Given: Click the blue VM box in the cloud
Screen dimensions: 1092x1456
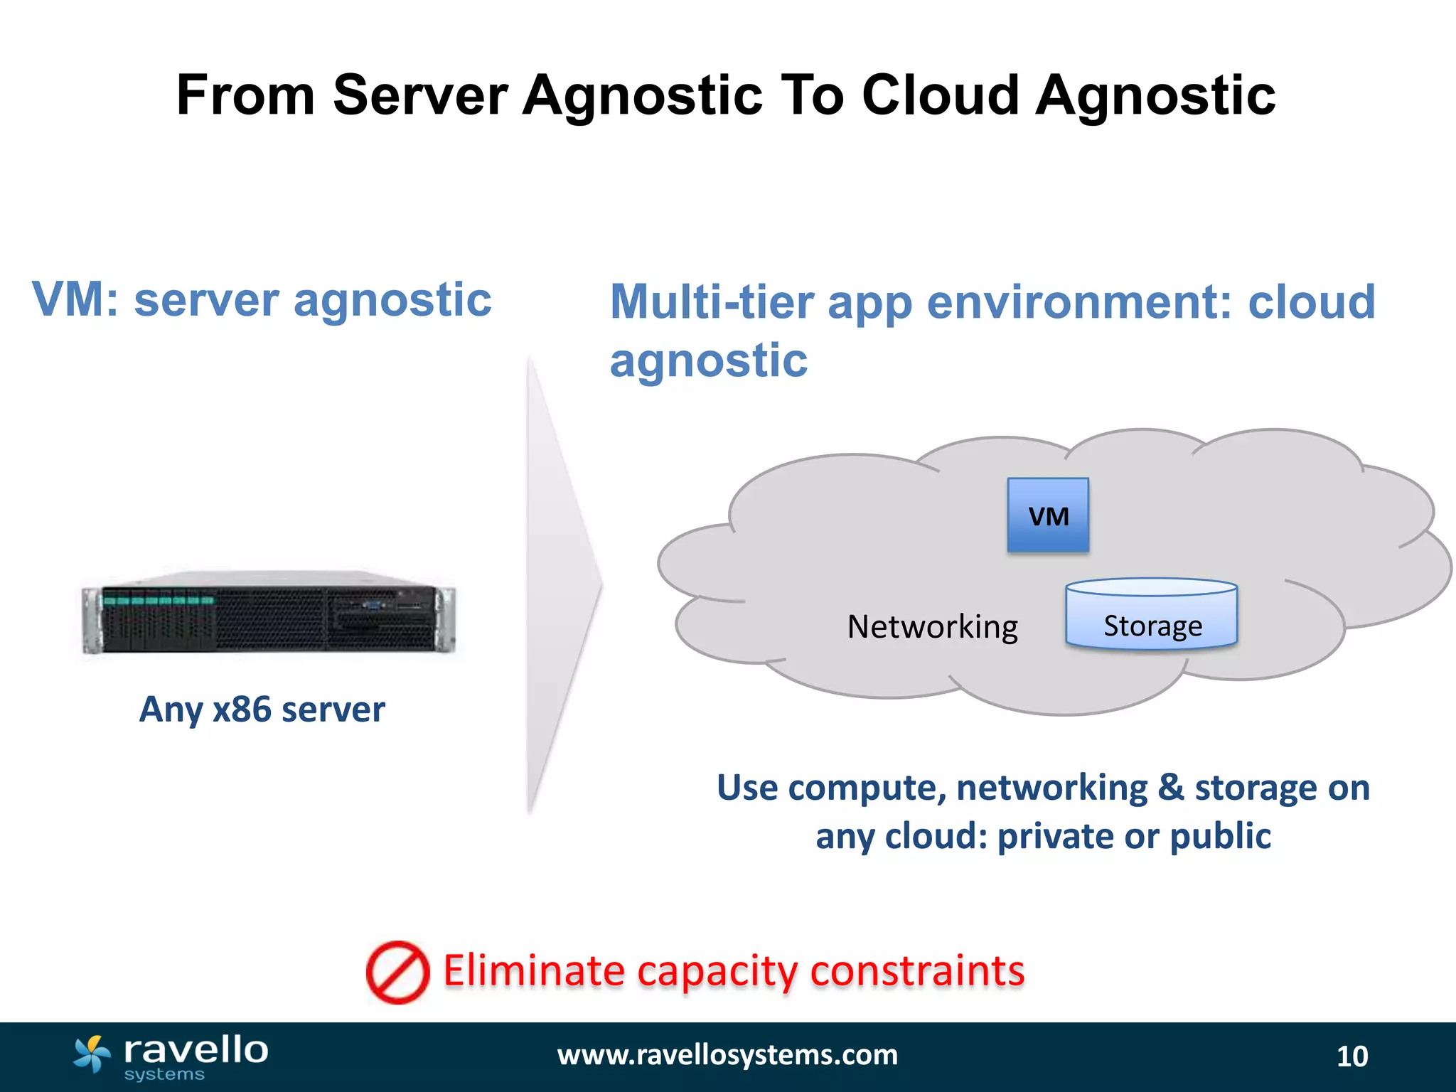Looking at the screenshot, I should point(1048,515).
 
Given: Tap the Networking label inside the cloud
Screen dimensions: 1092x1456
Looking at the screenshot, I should point(932,627).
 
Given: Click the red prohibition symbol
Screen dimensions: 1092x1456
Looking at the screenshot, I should point(397,973).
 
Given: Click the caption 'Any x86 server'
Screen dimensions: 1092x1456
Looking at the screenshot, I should point(262,710).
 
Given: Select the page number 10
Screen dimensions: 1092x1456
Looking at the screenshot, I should point(1351,1056).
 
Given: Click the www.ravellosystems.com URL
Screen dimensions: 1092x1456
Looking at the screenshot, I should point(727,1055).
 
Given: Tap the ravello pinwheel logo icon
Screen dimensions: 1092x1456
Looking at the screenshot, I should point(92,1054).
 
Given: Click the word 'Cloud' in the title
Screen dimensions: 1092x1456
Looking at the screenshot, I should point(941,95).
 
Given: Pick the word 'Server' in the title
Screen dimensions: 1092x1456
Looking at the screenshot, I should point(420,95).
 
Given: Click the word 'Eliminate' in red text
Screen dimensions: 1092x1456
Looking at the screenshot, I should point(534,970).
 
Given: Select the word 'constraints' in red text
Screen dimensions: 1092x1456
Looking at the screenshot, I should point(917,970).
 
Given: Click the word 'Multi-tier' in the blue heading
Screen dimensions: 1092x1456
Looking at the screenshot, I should point(711,301).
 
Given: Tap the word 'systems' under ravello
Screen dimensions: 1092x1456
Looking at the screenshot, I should point(164,1074).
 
